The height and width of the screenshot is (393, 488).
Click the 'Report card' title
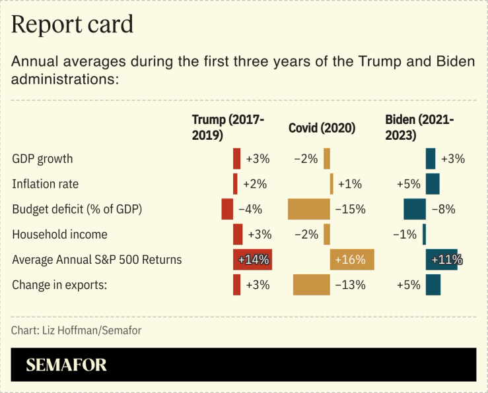(73, 24)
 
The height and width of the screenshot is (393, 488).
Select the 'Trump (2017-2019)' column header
(228, 127)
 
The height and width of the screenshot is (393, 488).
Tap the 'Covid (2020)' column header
(322, 128)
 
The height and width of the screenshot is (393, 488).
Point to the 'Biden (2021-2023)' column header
(419, 127)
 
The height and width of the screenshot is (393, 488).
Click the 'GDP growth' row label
(42, 159)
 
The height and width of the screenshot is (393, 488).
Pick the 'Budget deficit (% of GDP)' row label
(77, 209)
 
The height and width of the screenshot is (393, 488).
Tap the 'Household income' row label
(59, 234)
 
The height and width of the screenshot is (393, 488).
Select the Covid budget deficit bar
(308, 209)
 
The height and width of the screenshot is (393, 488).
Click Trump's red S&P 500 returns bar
(252, 259)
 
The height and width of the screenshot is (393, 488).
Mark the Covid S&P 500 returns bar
(352, 259)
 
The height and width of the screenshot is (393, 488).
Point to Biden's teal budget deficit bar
(415, 209)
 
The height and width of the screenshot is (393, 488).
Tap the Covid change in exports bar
(311, 285)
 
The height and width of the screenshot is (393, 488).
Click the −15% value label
(350, 210)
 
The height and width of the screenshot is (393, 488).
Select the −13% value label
(350, 285)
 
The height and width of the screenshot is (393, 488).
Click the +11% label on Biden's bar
(446, 260)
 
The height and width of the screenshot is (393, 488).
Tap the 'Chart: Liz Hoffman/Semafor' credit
(76, 330)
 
